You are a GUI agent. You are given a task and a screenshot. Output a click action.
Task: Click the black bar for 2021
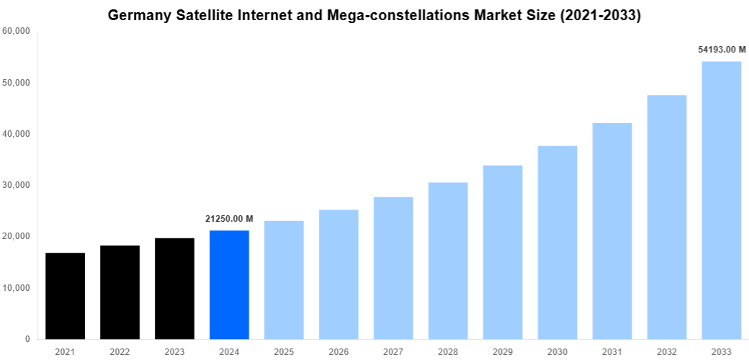coord(65,296)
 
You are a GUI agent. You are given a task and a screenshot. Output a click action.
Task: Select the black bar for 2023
coord(174,289)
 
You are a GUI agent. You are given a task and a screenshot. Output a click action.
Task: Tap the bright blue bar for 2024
coord(229,285)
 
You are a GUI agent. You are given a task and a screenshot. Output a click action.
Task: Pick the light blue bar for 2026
coord(338,274)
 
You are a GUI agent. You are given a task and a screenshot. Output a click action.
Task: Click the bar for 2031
coord(612,231)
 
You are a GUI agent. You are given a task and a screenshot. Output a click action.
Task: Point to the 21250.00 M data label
coord(229,219)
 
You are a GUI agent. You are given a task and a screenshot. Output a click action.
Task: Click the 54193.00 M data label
coord(722,50)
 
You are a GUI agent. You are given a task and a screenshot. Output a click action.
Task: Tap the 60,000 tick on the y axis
coord(16,31)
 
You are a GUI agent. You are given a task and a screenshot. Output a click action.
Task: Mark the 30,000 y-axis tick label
coord(16,185)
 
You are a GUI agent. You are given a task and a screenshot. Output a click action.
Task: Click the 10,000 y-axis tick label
coord(16,288)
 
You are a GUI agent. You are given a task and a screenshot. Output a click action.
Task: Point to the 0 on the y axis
coord(27,339)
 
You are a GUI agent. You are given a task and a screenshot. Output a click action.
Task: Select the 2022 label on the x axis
coord(120,351)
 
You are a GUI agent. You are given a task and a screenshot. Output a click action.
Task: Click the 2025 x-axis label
coord(284,351)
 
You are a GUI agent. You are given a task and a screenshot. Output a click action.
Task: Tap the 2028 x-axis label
coord(448,351)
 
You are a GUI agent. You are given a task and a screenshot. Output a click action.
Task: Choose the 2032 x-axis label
coord(667,351)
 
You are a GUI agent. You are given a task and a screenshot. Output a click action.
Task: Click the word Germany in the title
coord(138,15)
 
